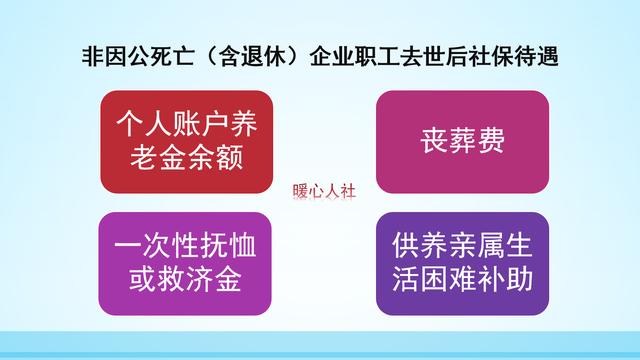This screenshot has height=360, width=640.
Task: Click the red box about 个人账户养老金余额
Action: point(178,141)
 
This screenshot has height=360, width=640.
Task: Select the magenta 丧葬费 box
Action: point(461,141)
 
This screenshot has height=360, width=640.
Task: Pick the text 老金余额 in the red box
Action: point(178,157)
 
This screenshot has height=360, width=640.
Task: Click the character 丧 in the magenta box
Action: point(431,141)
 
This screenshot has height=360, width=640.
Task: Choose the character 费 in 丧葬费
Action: point(491,141)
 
